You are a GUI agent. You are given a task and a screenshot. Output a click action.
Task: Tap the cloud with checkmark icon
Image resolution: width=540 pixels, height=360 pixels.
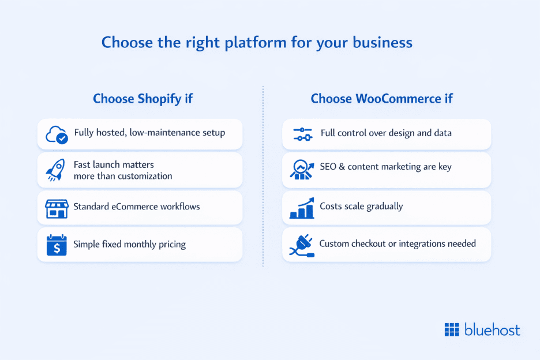click(x=57, y=134)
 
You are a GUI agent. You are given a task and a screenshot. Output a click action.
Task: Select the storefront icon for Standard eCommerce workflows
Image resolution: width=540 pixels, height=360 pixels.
click(x=57, y=207)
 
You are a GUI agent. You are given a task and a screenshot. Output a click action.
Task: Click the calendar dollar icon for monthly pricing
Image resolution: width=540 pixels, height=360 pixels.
click(x=57, y=245)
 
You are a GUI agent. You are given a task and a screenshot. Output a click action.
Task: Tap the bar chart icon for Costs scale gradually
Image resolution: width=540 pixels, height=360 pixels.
click(x=302, y=208)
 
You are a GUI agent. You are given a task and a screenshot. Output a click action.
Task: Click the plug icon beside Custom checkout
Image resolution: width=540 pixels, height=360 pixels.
click(x=301, y=245)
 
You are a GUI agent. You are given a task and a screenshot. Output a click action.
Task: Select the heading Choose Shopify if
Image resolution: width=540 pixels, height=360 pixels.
click(x=142, y=99)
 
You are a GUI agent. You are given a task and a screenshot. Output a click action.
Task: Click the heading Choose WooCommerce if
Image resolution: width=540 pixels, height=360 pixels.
click(x=381, y=99)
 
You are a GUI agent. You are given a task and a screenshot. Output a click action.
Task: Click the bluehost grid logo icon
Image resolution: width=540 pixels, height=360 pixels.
click(x=452, y=330)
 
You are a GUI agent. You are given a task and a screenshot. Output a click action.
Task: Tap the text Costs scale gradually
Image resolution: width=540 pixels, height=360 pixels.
click(x=361, y=206)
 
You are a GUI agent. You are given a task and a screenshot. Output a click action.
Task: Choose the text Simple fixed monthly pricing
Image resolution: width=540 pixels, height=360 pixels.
click(x=129, y=244)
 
